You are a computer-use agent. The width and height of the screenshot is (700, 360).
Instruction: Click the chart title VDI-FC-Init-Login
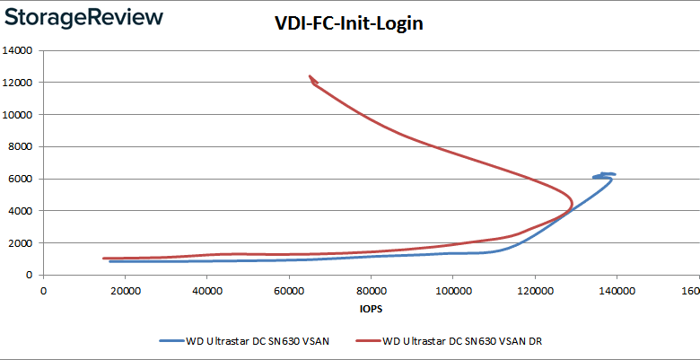pos(348,24)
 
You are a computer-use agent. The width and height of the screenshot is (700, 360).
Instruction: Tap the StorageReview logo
pos(83,17)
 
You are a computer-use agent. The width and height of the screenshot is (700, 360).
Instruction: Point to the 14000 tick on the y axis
pos(19,51)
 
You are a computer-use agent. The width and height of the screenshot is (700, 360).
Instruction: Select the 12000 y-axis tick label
pos(19,83)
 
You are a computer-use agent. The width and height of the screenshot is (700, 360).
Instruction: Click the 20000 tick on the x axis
pos(125,290)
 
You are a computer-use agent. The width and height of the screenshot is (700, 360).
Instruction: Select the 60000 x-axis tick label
pos(288,290)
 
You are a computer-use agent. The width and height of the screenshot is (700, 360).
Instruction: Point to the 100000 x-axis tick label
pos(452,290)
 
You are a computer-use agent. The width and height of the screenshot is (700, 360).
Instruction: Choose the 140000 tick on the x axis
pos(616,290)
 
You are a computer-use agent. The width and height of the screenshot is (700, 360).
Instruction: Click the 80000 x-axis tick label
pos(371,290)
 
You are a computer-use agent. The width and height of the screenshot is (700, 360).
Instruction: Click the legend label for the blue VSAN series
pos(257,341)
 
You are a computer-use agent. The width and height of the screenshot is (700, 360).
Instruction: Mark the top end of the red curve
pos(311,77)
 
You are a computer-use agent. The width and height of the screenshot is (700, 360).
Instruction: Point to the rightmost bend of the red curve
pos(572,201)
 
